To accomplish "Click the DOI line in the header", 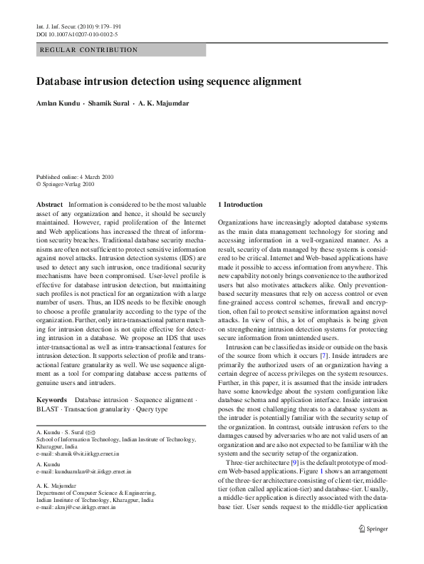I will pyautogui.click(x=77, y=34).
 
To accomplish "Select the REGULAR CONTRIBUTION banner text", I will pyautogui.click(x=88, y=50).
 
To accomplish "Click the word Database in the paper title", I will pyautogui.click(x=61, y=82).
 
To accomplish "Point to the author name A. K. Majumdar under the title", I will pyautogui.click(x=164, y=103).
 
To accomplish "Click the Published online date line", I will pyautogui.click(x=75, y=176).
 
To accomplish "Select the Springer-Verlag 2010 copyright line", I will pyautogui.click(x=65, y=183).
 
